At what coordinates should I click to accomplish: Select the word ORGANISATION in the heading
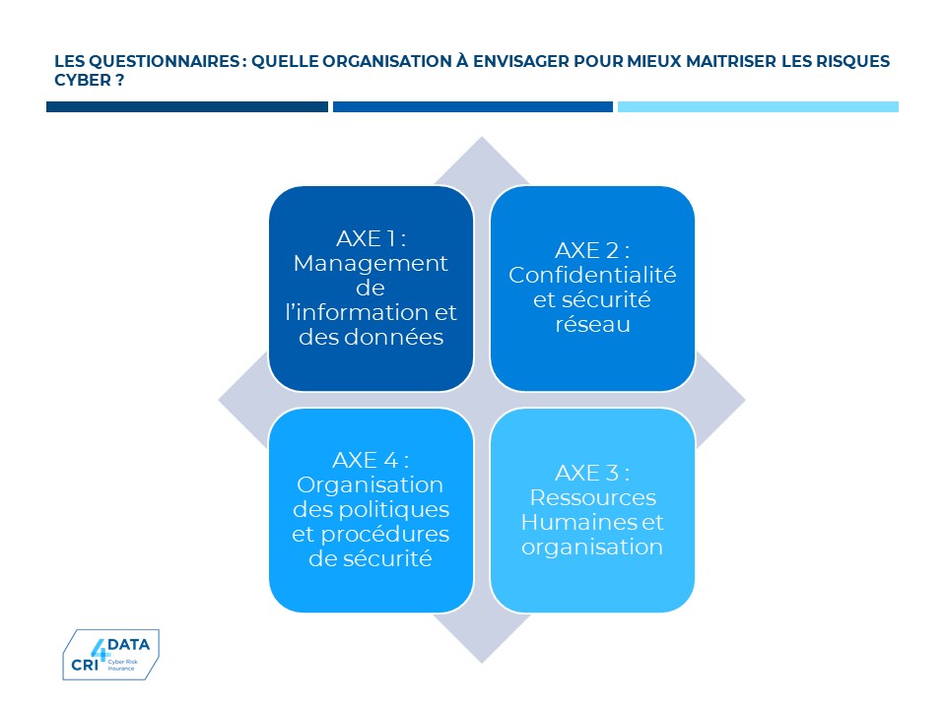387,61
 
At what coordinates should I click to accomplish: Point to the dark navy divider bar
187,106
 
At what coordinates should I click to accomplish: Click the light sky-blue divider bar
758,106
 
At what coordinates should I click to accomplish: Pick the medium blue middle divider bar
472,106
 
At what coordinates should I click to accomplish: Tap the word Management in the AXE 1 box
372,264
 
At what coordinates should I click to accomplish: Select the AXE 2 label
592,250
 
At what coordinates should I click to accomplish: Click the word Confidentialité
592,275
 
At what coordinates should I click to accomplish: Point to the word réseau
592,324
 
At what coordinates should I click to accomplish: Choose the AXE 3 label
592,473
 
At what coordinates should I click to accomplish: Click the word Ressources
593,497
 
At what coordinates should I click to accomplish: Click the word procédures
385,535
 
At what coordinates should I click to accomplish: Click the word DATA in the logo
128,644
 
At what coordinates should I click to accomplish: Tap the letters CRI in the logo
85,665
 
